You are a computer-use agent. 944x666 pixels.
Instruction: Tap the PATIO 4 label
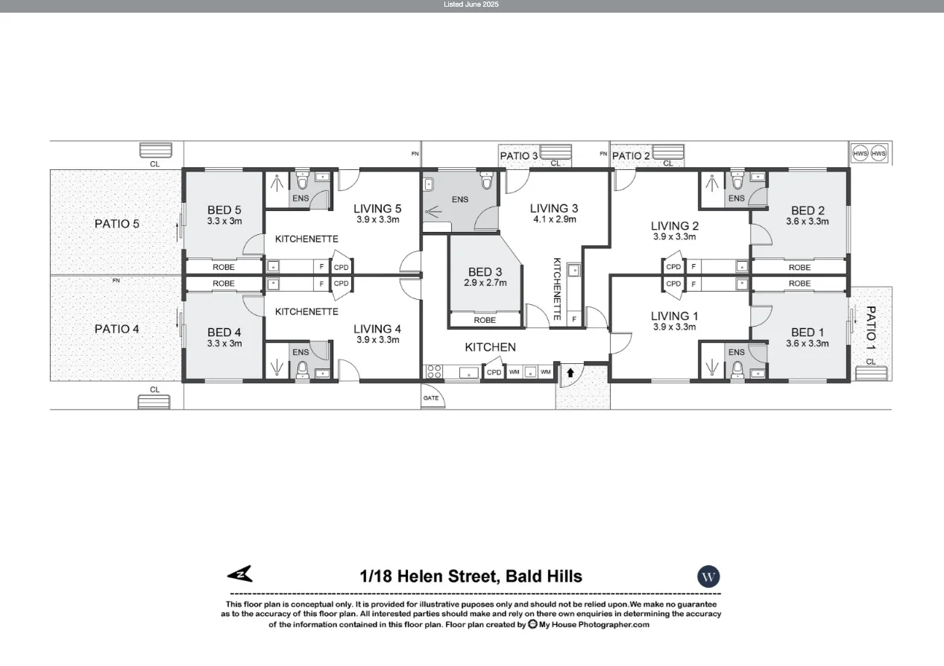pyautogui.click(x=116, y=329)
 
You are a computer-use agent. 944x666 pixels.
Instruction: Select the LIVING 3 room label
pyautogui.click(x=553, y=208)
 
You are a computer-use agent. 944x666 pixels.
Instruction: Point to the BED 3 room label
pyautogui.click(x=485, y=272)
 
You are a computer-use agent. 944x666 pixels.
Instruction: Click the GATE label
pyautogui.click(x=431, y=398)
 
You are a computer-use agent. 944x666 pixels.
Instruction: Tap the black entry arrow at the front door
pyautogui.click(x=570, y=371)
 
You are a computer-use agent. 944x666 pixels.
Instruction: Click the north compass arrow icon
pyautogui.click(x=240, y=574)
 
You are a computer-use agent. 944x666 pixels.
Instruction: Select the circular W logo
pyautogui.click(x=708, y=577)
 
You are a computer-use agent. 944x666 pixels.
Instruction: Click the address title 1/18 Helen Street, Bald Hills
pyautogui.click(x=471, y=577)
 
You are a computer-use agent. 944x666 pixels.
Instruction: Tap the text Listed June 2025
pyautogui.click(x=471, y=4)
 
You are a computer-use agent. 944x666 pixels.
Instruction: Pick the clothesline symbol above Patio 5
pyautogui.click(x=156, y=150)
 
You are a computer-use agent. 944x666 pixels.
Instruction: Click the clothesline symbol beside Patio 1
pyautogui.click(x=871, y=373)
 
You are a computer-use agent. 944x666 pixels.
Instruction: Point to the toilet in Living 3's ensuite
pyautogui.click(x=487, y=181)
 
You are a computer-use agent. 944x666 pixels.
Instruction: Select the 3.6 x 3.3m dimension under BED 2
pyautogui.click(x=807, y=222)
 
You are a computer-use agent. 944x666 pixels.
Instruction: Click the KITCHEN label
pyautogui.click(x=490, y=348)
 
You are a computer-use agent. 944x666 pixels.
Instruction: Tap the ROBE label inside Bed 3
pyautogui.click(x=485, y=320)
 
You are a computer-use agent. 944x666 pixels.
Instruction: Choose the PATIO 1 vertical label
pyautogui.click(x=871, y=328)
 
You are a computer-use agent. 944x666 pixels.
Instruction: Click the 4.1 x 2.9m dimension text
pyautogui.click(x=554, y=219)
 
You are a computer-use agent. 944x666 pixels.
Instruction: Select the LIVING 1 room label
pyautogui.click(x=674, y=315)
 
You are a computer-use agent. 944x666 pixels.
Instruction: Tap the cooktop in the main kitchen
pyautogui.click(x=433, y=371)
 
